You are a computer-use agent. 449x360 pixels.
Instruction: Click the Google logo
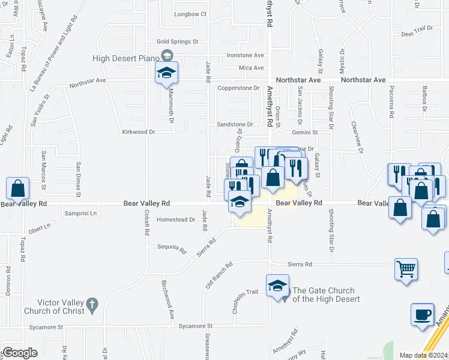20,353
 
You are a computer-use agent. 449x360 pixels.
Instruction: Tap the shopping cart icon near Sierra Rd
406,269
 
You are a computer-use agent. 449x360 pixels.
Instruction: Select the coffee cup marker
422,314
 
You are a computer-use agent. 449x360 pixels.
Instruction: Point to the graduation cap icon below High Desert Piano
166,73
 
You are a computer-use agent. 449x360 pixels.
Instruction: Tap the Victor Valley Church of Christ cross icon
91,305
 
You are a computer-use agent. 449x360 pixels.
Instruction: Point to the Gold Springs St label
177,42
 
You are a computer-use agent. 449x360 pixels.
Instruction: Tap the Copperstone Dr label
238,88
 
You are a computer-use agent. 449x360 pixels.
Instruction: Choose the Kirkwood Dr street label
139,131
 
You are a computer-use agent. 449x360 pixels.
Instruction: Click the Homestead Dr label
176,220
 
